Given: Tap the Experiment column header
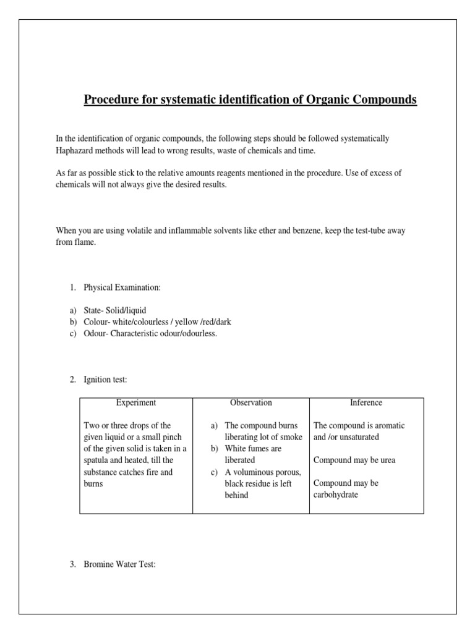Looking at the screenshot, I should point(136,402).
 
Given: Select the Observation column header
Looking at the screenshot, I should point(250,402).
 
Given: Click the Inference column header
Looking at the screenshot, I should point(366,402).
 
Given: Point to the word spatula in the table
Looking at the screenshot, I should point(96,461).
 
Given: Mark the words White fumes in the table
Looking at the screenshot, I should point(249,449).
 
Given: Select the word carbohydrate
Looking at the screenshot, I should point(336,495).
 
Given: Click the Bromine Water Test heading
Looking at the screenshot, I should point(119,565).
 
